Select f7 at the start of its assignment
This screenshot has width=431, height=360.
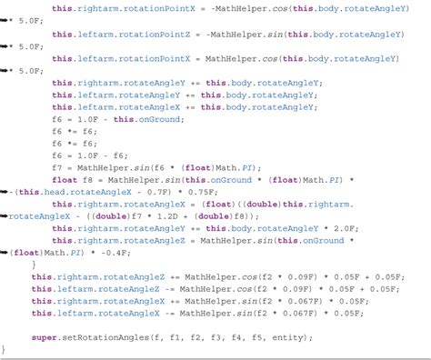pyautogui.click(x=57, y=167)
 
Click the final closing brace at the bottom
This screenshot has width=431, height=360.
pyautogui.click(x=4, y=349)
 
